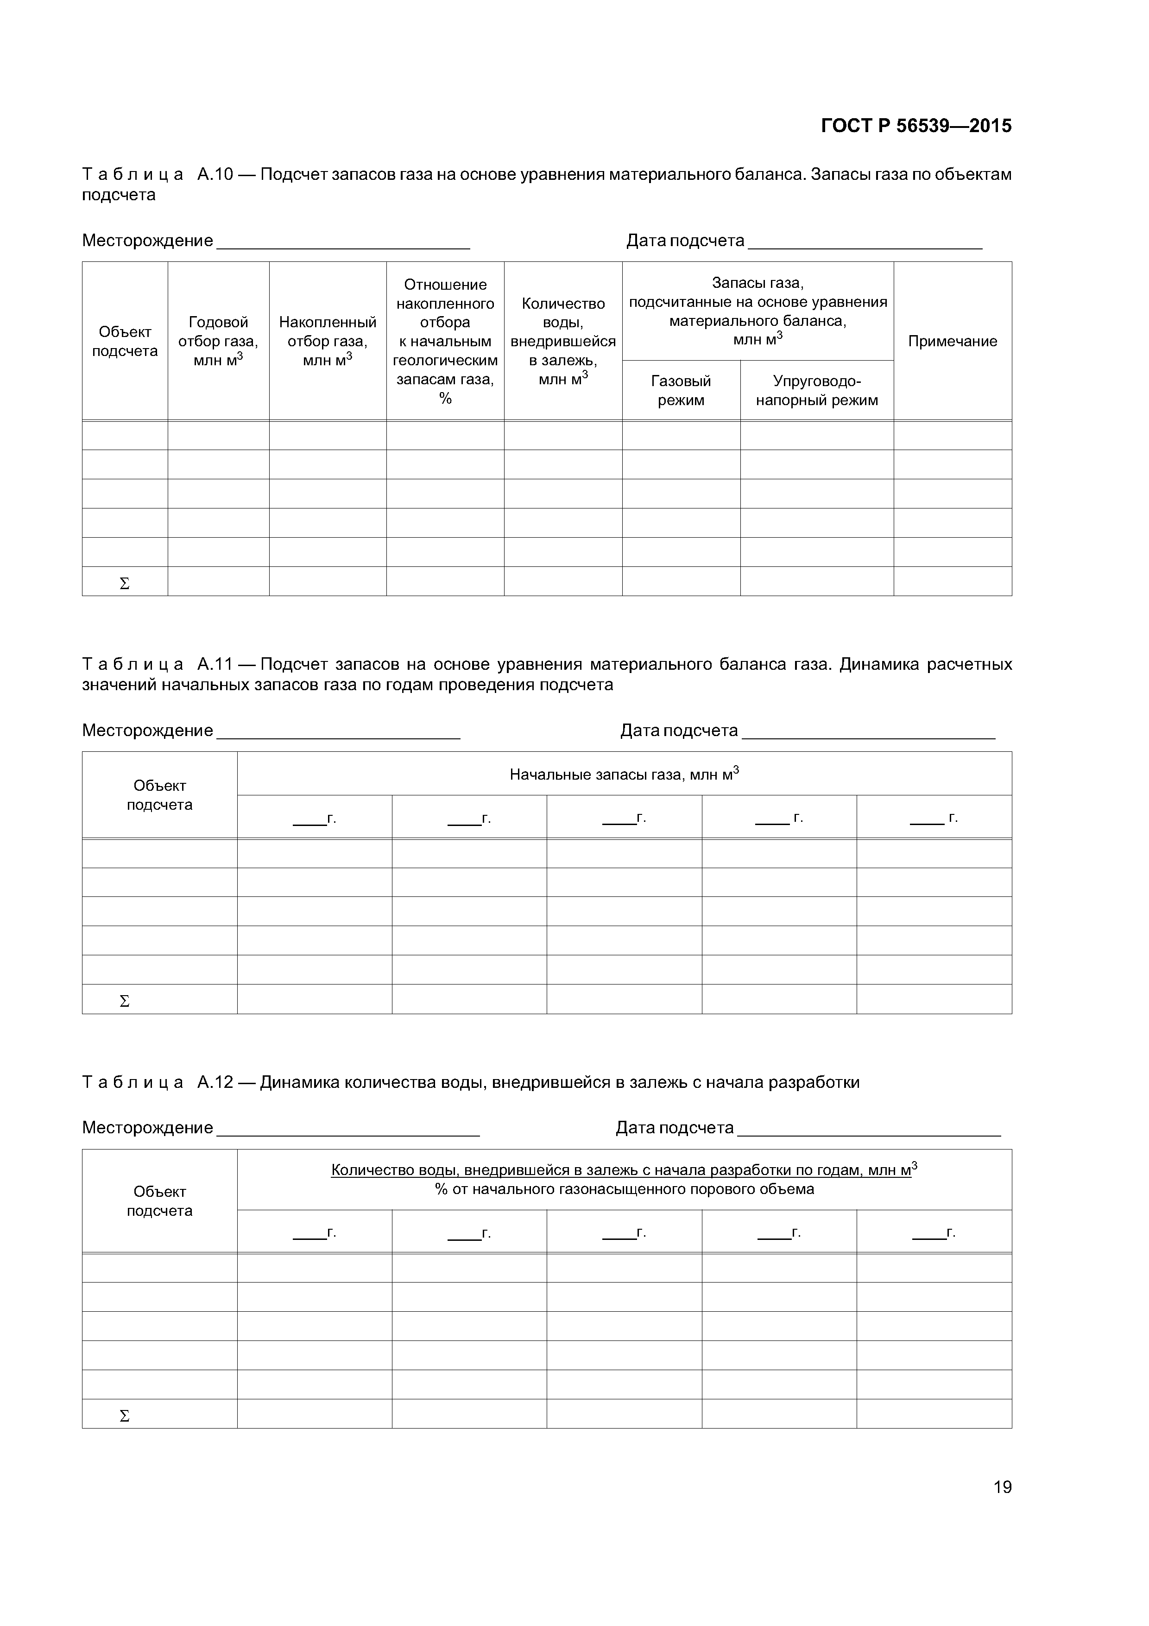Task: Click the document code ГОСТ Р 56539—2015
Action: point(916,126)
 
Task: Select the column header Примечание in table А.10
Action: point(952,341)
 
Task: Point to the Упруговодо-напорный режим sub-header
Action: point(816,391)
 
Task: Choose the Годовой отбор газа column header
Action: point(218,341)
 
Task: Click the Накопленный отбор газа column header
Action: point(327,341)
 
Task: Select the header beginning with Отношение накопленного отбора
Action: point(445,341)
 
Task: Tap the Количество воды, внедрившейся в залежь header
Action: point(563,341)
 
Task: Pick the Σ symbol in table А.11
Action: point(125,1001)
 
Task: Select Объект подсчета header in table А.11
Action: point(159,795)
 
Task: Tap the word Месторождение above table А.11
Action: point(147,730)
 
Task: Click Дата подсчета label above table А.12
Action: point(674,1127)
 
